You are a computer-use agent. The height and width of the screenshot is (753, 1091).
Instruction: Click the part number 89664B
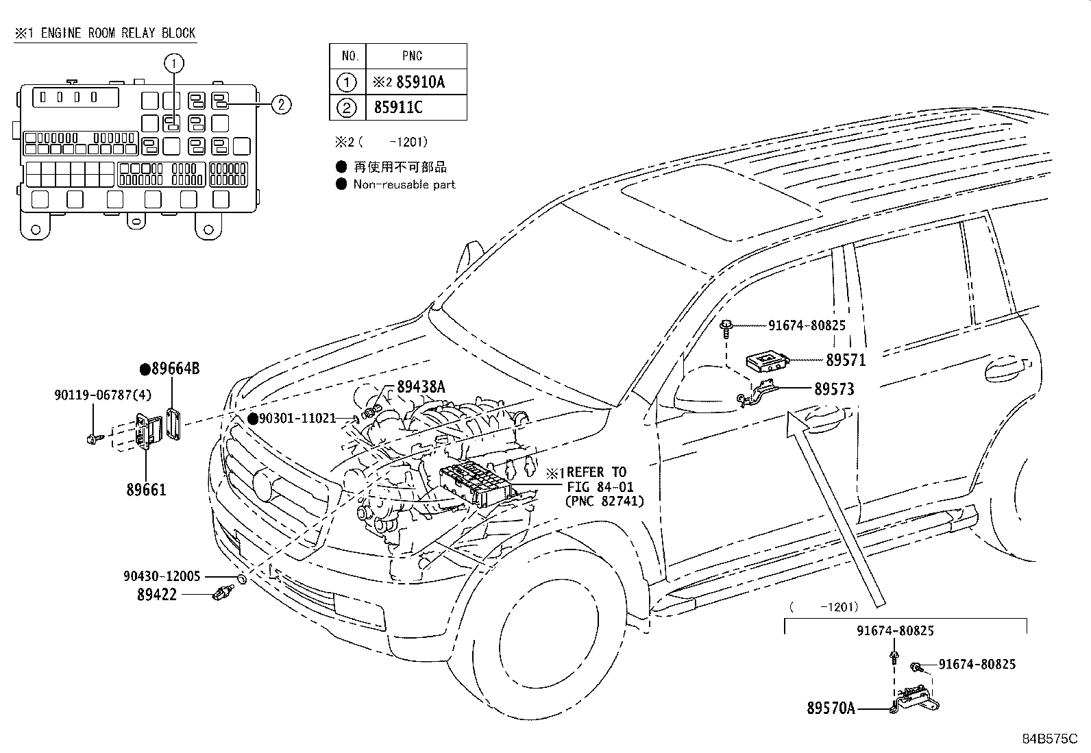tap(175, 369)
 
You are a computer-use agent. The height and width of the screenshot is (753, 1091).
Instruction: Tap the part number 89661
tap(146, 490)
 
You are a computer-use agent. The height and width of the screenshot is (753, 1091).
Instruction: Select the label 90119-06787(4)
tap(103, 395)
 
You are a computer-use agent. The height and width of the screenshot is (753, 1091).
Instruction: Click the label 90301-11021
tap(301, 418)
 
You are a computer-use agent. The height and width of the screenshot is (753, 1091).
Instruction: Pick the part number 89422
tap(157, 595)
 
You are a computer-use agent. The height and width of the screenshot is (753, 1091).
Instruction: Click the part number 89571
tap(846, 360)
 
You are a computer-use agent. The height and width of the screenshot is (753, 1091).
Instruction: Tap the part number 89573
tap(834, 389)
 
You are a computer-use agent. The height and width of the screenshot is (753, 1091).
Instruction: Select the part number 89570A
tap(831, 708)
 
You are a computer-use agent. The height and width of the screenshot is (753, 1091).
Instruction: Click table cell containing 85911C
tap(398, 108)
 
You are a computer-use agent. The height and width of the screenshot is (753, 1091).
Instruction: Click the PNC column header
tap(413, 55)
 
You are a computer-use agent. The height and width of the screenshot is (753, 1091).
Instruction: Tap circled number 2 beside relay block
tap(281, 104)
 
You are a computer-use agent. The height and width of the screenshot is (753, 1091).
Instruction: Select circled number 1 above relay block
tap(174, 64)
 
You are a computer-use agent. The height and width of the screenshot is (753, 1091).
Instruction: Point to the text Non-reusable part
tap(404, 184)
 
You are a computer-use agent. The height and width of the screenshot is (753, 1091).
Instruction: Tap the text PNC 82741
tap(604, 501)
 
